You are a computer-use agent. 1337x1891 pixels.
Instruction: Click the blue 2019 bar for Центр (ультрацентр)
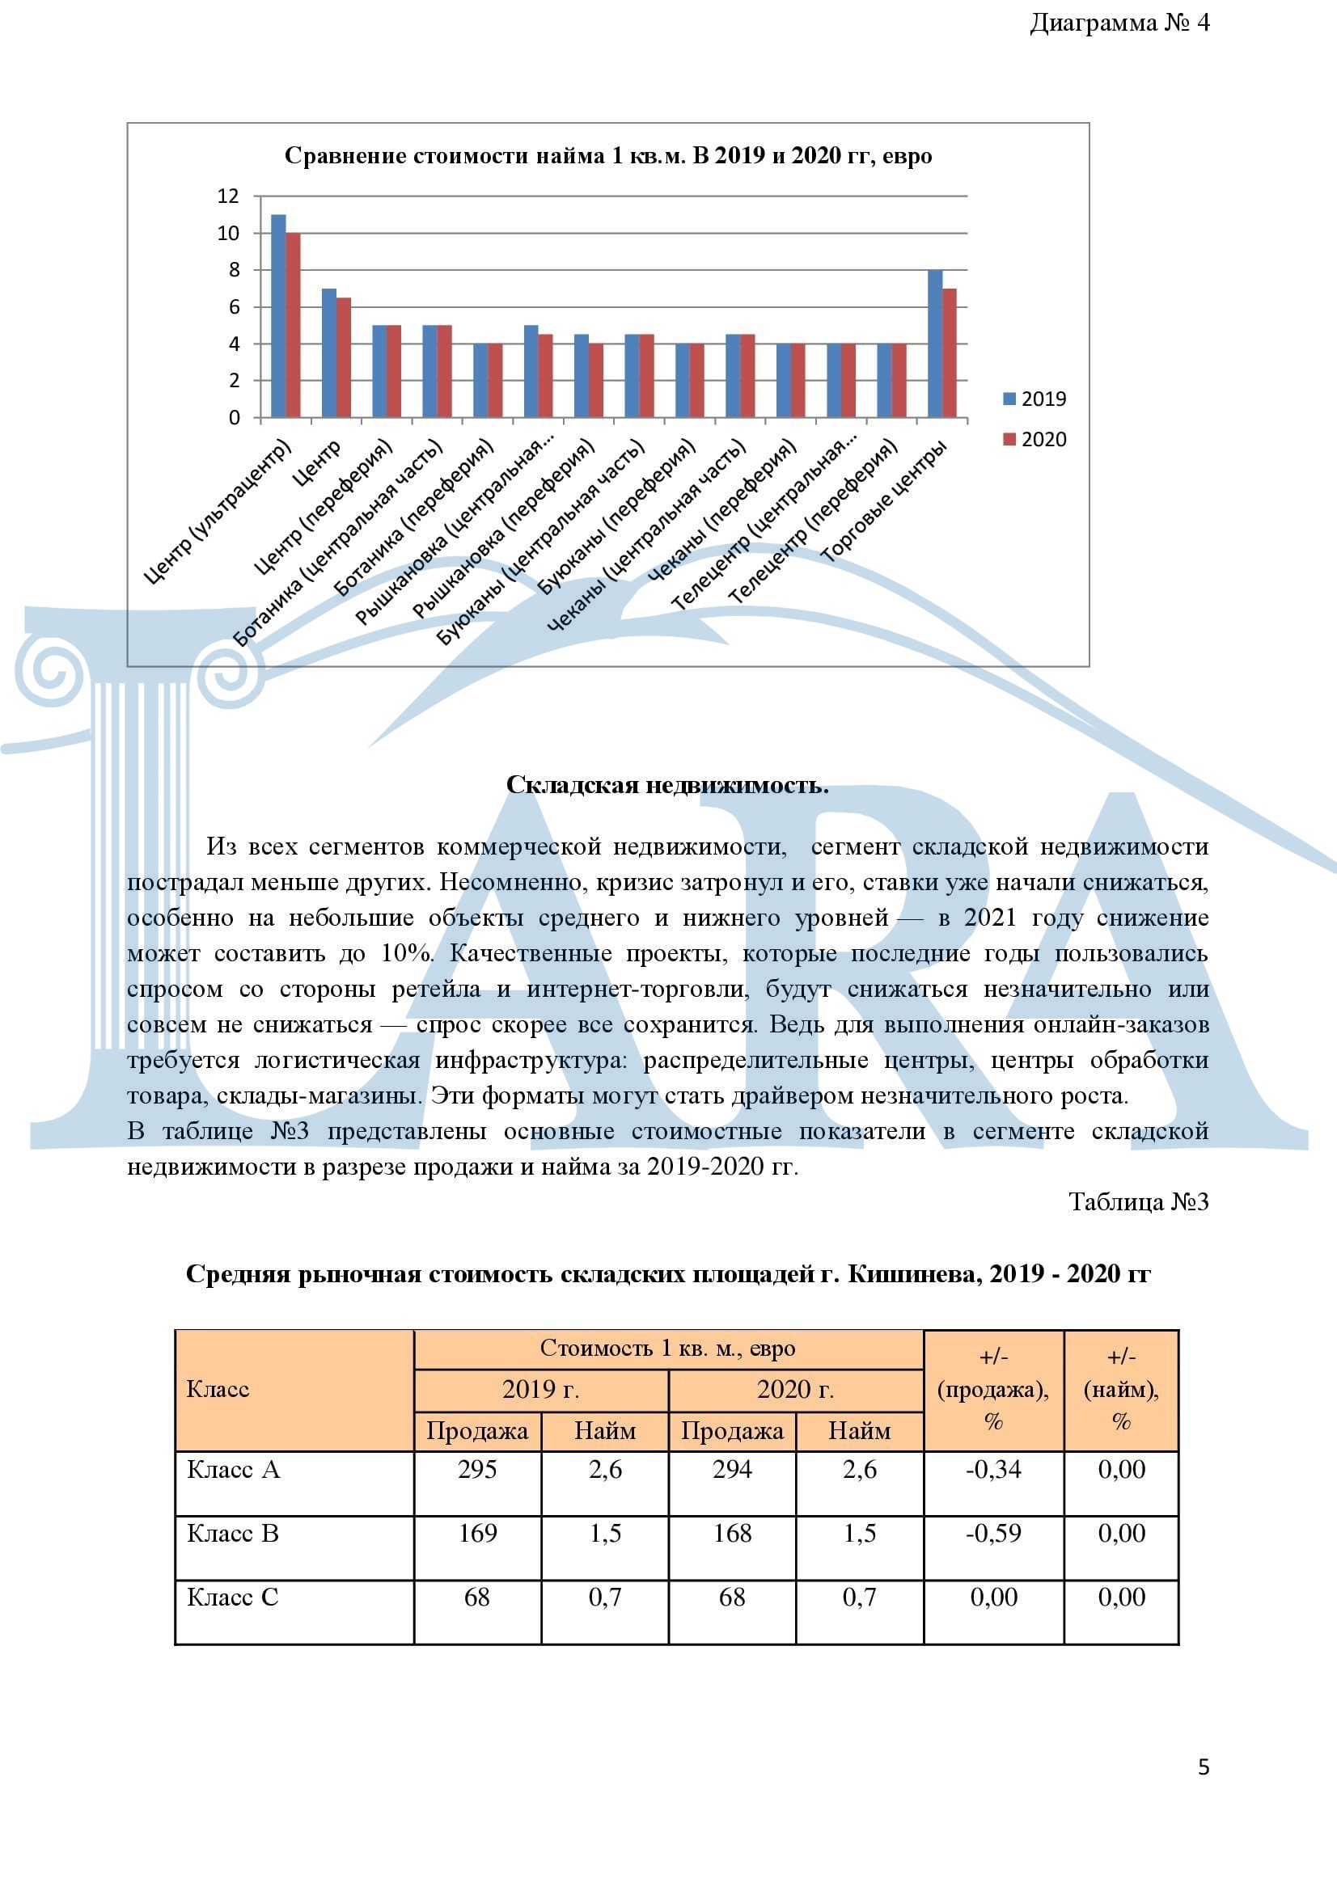278,316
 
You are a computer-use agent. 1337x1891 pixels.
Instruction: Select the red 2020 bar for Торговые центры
949,353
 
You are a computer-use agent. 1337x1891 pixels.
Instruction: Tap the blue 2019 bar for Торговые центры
935,344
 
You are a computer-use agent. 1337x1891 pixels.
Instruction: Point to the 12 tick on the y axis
228,196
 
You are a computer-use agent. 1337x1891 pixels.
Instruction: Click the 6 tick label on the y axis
234,307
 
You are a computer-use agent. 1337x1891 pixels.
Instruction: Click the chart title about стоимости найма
608,157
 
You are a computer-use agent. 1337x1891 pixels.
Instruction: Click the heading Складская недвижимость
667,785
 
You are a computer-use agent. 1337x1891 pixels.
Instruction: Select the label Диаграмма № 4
1119,23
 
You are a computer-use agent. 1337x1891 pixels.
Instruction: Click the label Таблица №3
1139,1202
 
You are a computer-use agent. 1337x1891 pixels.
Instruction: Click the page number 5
1204,1767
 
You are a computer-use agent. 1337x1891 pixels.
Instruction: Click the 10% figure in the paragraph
407,954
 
